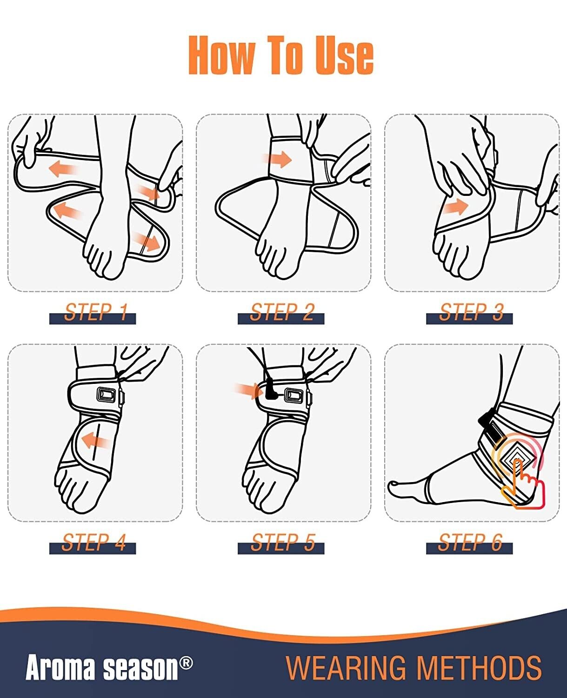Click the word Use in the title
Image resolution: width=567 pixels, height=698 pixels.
click(x=344, y=55)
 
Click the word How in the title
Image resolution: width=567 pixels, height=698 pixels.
click(x=221, y=55)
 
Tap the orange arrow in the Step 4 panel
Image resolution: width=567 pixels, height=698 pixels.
click(x=95, y=442)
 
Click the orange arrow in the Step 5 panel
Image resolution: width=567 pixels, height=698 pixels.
click(x=249, y=391)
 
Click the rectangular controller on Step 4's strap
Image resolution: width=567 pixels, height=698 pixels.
click(x=106, y=394)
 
